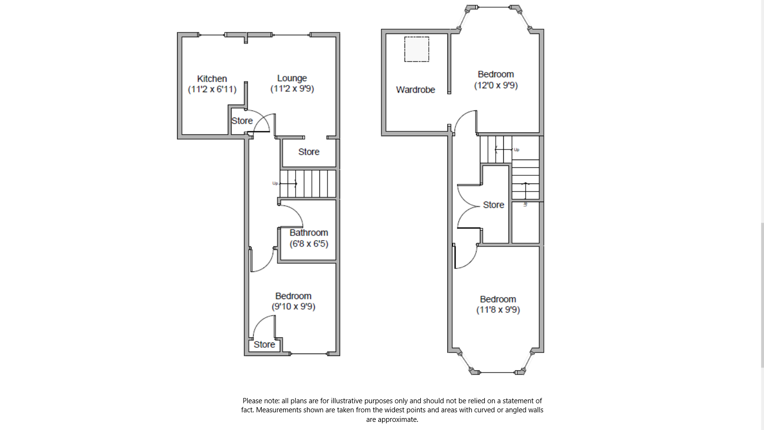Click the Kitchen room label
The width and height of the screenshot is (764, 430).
point(212,79)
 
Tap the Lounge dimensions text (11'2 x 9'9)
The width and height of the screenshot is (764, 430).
point(292,89)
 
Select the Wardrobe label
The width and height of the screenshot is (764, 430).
point(415,90)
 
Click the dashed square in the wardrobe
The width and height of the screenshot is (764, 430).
point(416,49)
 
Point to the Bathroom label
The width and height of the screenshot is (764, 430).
point(308,233)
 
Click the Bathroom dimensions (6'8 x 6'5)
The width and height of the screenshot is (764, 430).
point(308,244)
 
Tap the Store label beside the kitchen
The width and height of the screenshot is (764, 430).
point(242,121)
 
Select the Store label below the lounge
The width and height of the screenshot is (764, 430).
point(308,152)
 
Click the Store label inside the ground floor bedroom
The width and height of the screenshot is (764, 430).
point(264,344)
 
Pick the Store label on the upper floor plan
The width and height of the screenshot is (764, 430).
point(493,205)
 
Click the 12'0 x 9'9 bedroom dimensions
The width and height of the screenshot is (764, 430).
point(496,86)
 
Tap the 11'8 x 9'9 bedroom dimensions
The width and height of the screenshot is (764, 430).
point(498,310)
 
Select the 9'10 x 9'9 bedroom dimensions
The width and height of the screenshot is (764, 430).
point(293,307)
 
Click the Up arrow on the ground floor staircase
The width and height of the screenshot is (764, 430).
point(288,183)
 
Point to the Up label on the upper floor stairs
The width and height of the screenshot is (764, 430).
point(516,150)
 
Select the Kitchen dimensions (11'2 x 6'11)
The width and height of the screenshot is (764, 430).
point(212,89)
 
